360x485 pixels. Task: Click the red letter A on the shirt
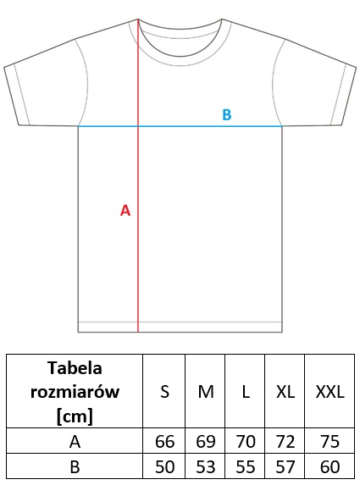coord(125,210)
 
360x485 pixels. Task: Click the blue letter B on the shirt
coord(227,114)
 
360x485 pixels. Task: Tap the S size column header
coord(164,392)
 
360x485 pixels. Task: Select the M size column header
coord(206,392)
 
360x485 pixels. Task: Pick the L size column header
coord(246,392)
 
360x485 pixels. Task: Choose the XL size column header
coord(285,392)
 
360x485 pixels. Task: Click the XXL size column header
coord(330,392)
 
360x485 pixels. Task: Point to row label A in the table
coord(75,441)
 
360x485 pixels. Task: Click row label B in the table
coord(75,466)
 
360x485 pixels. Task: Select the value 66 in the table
coord(164,441)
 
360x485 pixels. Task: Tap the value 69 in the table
coord(206,441)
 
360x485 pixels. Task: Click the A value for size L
coord(246,441)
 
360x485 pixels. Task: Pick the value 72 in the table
coord(285,441)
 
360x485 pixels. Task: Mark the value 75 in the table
coord(330,441)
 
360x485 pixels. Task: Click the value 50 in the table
coord(164,466)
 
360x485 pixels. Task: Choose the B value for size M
coord(206,466)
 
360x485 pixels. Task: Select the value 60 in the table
coord(330,466)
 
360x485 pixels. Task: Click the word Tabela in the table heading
coord(75,368)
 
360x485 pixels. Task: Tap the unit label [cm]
coord(75,416)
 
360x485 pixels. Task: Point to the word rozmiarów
coord(75,392)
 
